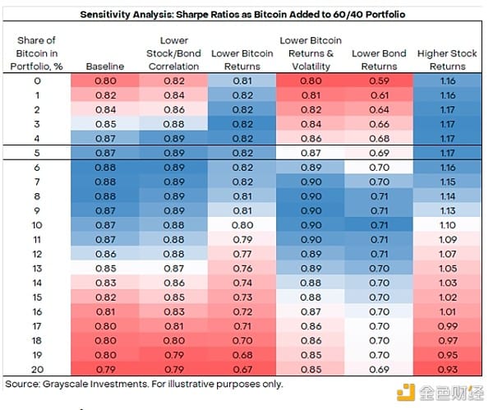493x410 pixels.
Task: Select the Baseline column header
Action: (105, 67)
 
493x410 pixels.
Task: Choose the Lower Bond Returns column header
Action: (379, 60)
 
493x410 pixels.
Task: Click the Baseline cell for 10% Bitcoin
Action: (105, 224)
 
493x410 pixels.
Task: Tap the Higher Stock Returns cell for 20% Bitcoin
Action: (447, 370)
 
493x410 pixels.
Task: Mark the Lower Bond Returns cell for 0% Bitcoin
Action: (379, 81)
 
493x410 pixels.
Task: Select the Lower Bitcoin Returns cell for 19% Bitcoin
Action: (242, 355)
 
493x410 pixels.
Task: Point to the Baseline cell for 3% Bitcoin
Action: (105, 124)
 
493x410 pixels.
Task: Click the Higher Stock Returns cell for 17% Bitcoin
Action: (447, 326)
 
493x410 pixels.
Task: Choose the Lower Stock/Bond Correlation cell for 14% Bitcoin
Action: (173, 283)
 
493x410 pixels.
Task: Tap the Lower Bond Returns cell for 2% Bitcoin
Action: (379, 110)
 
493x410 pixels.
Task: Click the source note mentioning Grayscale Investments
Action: (145, 384)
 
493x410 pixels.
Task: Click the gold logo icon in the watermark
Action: (402, 391)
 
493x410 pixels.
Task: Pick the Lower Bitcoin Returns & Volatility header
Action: (311, 53)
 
